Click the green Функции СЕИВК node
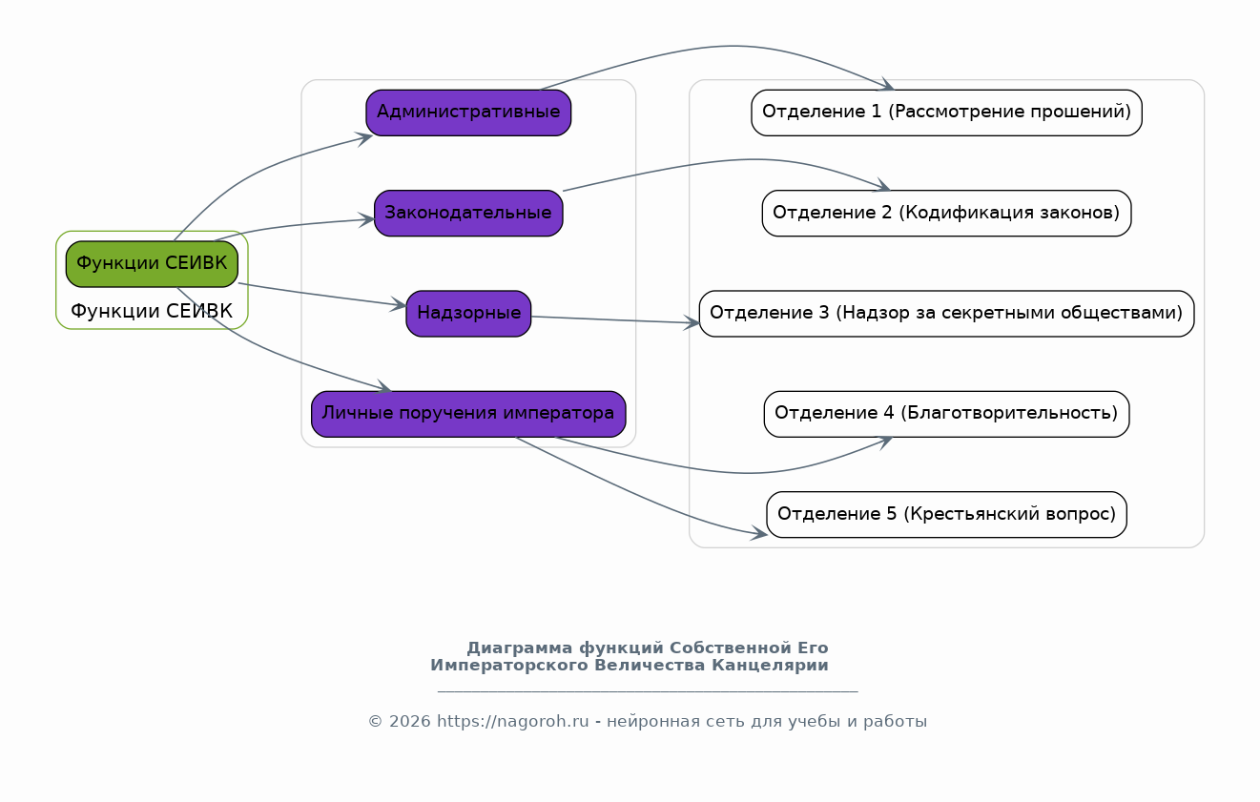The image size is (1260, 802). click(152, 264)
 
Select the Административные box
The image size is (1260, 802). click(468, 113)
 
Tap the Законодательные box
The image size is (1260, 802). click(468, 214)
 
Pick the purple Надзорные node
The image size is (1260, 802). click(468, 314)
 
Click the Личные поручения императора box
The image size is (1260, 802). click(468, 414)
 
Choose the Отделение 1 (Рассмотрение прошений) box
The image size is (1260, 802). click(947, 113)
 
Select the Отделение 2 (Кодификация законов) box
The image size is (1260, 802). click(947, 214)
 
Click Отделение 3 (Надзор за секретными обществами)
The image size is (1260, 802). click(947, 314)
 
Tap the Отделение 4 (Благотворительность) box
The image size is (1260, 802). click(947, 414)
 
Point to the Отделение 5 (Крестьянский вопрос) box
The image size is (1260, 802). click(947, 515)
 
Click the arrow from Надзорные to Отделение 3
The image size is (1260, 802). click(615, 320)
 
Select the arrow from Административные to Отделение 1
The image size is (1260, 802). click(726, 46)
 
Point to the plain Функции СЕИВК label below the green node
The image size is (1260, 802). click(152, 311)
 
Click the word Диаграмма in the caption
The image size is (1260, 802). click(520, 648)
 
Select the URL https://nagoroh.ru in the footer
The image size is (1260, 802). click(513, 722)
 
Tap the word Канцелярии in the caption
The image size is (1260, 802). click(770, 666)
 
